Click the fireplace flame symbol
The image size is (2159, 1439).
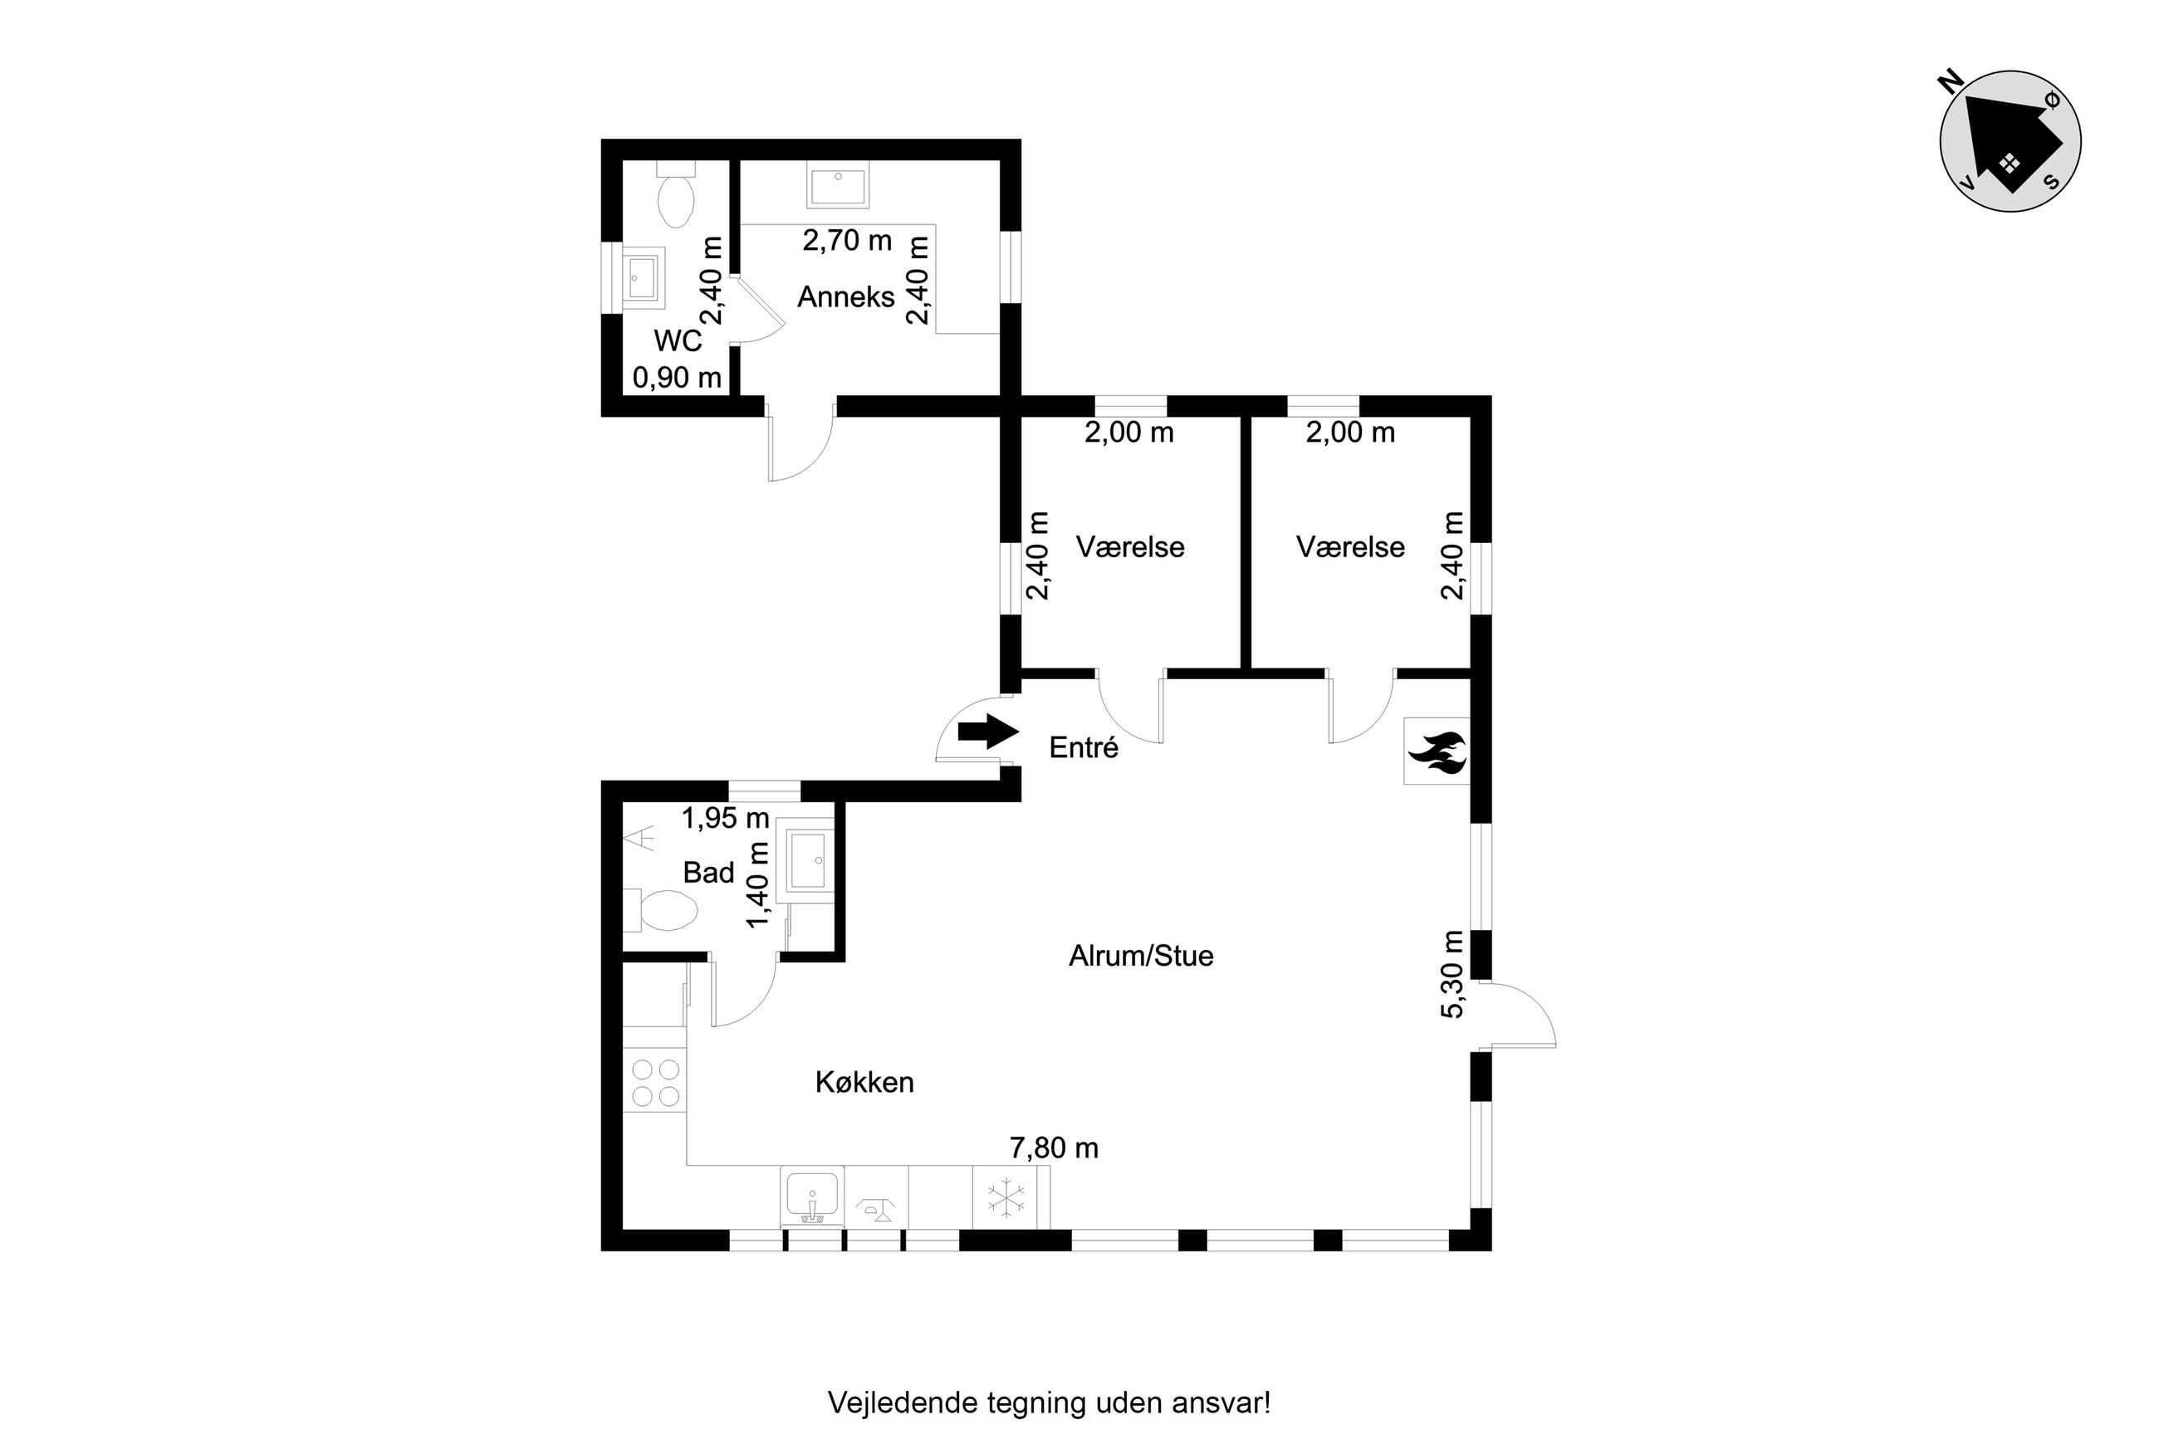1437,751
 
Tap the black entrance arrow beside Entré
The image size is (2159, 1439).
988,732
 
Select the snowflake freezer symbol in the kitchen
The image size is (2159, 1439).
1006,1197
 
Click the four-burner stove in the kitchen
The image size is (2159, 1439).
655,1082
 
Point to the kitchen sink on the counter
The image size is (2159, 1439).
812,1197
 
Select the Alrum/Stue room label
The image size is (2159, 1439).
1140,957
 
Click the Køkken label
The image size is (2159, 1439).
864,1083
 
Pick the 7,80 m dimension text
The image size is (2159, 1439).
1054,1148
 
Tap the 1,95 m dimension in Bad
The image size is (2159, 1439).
725,818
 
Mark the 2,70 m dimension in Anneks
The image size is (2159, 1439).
847,241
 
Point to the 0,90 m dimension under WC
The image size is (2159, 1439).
677,377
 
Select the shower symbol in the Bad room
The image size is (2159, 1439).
639,839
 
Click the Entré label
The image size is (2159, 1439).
1084,748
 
